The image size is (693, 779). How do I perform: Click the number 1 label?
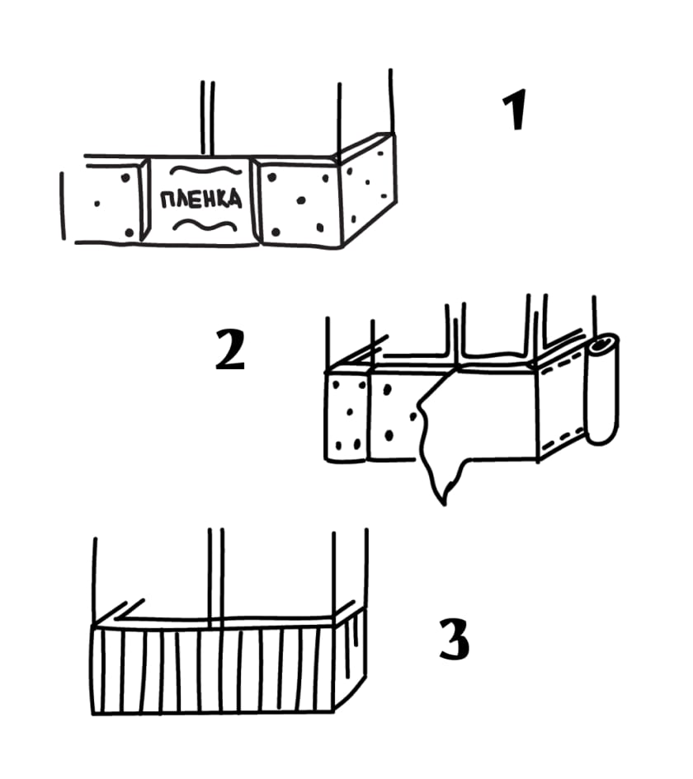point(515,110)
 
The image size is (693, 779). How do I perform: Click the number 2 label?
point(230,350)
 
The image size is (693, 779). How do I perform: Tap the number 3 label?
point(455,639)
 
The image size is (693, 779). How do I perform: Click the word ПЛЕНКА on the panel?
point(200,199)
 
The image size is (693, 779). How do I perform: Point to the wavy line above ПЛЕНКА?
point(205,171)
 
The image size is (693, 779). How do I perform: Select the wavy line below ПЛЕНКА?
point(205,226)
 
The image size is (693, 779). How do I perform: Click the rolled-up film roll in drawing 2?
point(602,388)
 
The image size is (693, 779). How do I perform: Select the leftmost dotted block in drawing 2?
point(347,416)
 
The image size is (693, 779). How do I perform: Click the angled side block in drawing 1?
point(368,190)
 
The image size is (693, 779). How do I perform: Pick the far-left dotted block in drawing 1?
point(106,202)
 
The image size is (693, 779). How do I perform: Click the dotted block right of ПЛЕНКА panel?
point(299,202)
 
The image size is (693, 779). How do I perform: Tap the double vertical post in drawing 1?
point(208,118)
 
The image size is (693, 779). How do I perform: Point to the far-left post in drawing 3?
point(94,581)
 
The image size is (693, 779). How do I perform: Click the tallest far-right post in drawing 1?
point(392,101)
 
